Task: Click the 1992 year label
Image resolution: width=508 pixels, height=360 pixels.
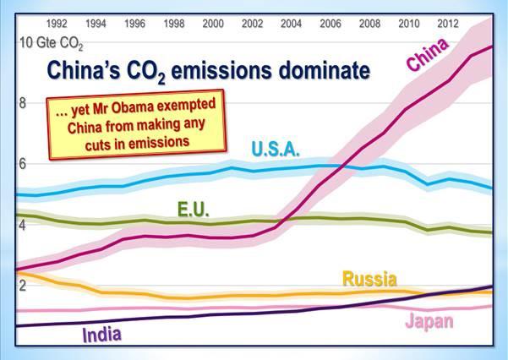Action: point(57,24)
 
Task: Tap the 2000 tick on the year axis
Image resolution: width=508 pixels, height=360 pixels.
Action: point(213,24)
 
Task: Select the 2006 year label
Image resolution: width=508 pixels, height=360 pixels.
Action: point(330,24)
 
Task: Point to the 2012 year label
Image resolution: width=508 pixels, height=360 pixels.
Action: point(448,24)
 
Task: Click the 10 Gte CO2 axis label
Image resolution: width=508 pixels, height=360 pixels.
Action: point(52,43)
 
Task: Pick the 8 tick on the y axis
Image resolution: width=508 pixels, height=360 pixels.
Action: point(22,103)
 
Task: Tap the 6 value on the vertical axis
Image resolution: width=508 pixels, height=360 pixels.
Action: point(22,164)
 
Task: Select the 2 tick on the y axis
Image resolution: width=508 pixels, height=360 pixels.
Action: point(22,286)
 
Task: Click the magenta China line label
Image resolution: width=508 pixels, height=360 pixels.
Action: point(428,54)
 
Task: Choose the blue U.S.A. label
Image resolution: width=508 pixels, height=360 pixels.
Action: point(276,150)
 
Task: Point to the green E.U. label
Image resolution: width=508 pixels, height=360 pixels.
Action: point(194,209)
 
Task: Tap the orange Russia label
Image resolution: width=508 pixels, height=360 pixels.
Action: point(369,279)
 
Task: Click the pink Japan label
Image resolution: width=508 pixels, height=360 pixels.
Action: point(429,321)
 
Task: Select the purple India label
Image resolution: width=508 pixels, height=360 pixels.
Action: point(101,335)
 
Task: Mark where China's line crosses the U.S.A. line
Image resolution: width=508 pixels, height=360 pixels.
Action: point(343,166)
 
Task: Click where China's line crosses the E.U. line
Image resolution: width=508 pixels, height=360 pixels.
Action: point(285,221)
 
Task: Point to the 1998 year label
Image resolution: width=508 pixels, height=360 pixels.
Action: point(174,24)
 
